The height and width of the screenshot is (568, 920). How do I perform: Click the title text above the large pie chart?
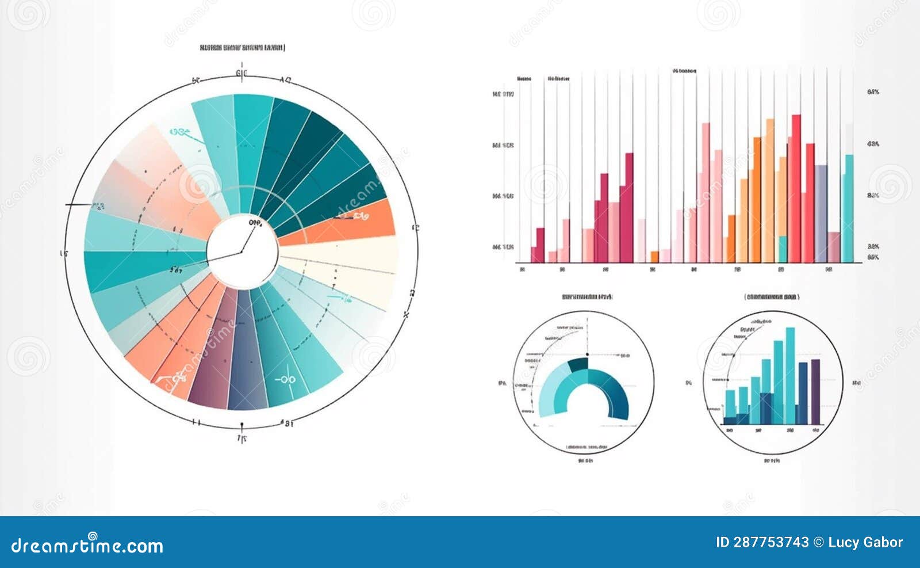pyautogui.click(x=242, y=48)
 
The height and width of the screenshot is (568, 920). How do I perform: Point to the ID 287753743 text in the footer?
pyautogui.click(x=762, y=542)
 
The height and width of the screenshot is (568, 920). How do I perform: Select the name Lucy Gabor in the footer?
pyautogui.click(x=865, y=542)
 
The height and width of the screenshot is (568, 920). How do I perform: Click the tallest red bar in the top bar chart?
pyautogui.click(x=796, y=190)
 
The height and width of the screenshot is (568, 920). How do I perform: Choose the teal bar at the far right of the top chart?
pyautogui.click(x=848, y=207)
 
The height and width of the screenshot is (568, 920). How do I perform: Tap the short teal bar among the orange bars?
pyautogui.click(x=782, y=249)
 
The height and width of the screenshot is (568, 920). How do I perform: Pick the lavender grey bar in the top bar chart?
pyautogui.click(x=821, y=213)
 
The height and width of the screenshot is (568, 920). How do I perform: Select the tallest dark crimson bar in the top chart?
pyautogui.click(x=629, y=207)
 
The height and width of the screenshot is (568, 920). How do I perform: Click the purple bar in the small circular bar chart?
pyautogui.click(x=815, y=391)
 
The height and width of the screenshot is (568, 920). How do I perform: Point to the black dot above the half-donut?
pyautogui.click(x=587, y=354)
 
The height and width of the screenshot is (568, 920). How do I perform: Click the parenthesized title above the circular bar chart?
pyautogui.click(x=772, y=297)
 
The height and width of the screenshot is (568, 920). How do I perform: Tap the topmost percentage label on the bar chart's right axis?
pyautogui.click(x=873, y=92)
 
